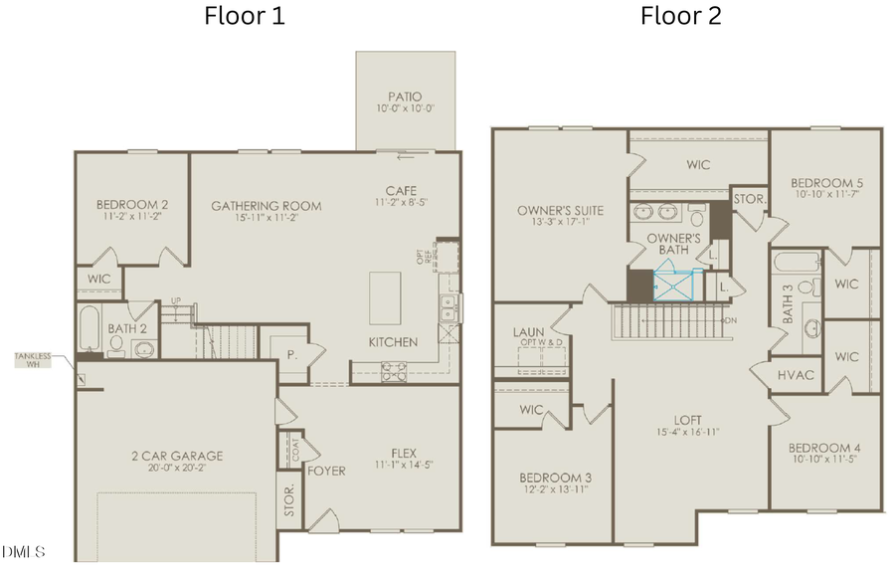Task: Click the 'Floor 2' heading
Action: click(x=680, y=16)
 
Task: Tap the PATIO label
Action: click(x=406, y=96)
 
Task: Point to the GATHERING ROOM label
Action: click(x=266, y=206)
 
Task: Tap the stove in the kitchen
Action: click(x=393, y=371)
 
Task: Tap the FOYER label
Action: click(x=326, y=471)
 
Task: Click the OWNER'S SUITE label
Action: click(x=560, y=210)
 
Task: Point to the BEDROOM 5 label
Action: click(x=825, y=184)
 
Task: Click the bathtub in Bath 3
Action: click(x=797, y=263)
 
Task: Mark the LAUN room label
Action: click(x=527, y=331)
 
